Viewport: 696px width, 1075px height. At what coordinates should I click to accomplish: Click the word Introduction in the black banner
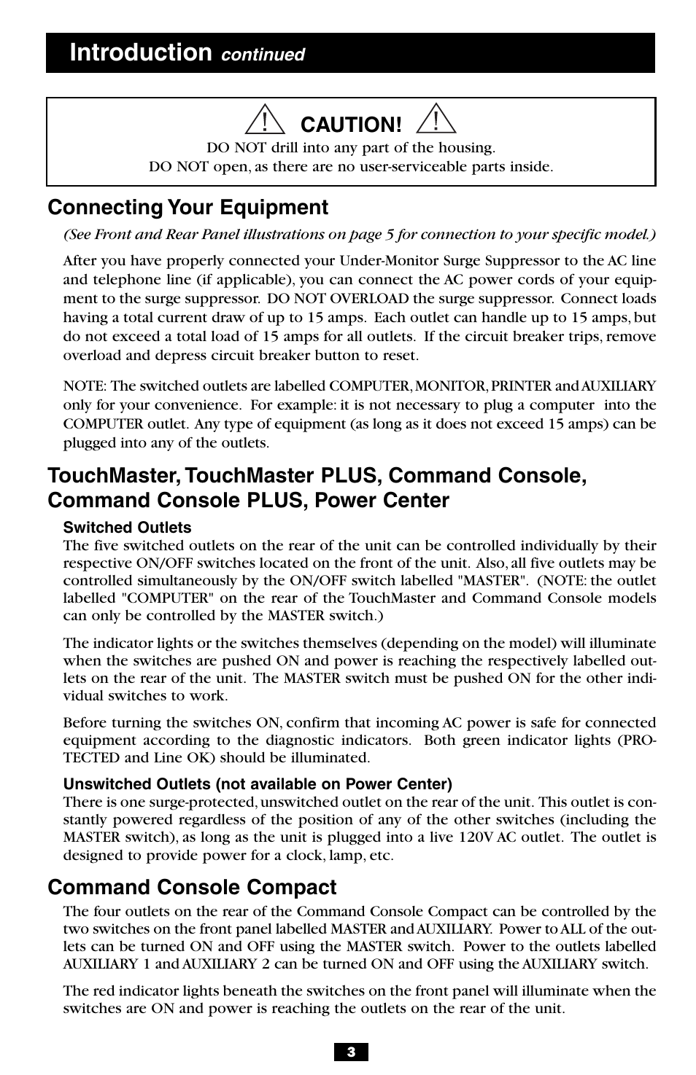141,52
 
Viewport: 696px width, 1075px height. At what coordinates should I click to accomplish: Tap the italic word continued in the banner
263,55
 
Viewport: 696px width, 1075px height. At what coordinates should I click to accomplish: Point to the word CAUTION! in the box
352,125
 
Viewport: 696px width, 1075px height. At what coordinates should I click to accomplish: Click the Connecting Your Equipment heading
188,208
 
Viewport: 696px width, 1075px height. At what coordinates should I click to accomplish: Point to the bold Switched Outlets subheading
127,528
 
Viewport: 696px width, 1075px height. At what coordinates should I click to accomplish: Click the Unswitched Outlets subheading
258,784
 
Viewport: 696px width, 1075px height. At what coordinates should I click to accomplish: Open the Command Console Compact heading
193,888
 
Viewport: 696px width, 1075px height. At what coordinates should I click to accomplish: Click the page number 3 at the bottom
351,1052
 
